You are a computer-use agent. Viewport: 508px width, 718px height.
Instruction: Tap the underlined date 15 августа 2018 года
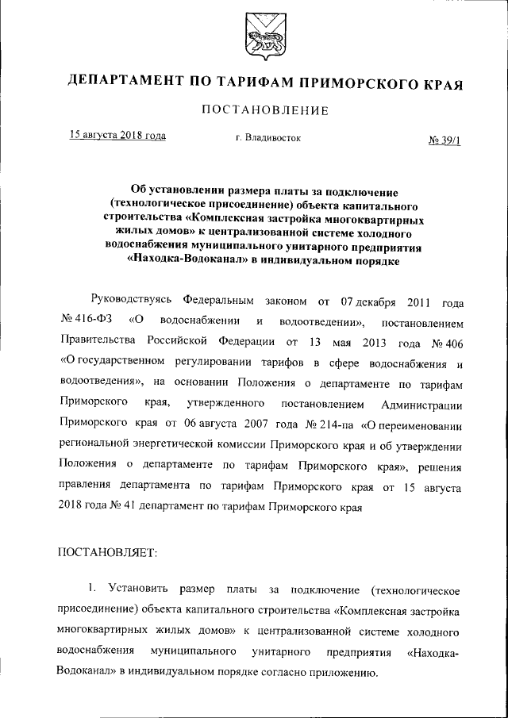click(117, 136)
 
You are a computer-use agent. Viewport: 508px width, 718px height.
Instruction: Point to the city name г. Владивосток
click(268, 138)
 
